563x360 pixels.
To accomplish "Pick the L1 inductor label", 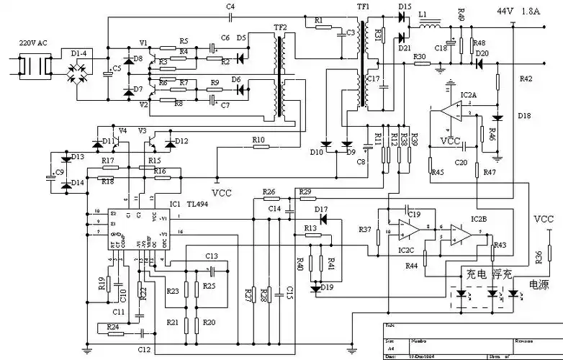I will (x=423, y=14).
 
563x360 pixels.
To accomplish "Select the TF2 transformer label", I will (x=280, y=27).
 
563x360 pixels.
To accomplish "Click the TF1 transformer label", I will (x=363, y=6).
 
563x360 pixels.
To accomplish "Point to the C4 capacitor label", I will (x=230, y=6).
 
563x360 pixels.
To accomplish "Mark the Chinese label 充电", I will (x=476, y=274).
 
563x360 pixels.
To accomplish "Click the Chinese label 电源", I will (x=539, y=285).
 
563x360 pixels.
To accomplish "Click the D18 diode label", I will (x=523, y=116).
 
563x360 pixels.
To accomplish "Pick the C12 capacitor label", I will (x=145, y=349).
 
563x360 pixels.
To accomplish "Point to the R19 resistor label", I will (x=102, y=283).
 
